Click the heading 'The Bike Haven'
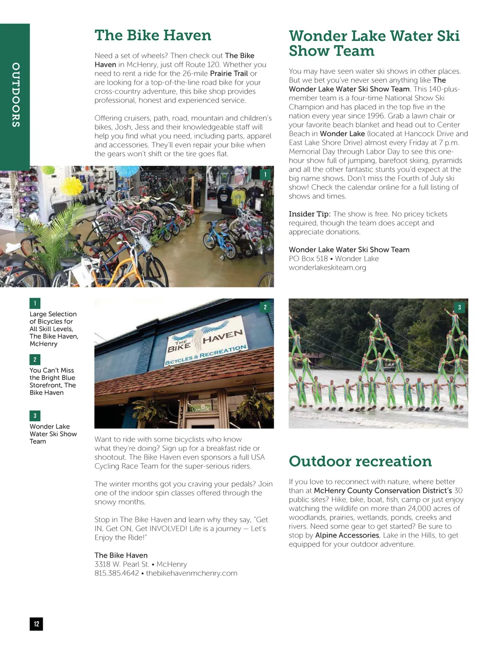pyautogui.click(x=153, y=36)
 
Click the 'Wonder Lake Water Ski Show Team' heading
pyautogui.click(x=373, y=43)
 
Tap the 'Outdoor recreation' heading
pyautogui.click(x=360, y=461)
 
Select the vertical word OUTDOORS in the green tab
pyautogui.click(x=16, y=95)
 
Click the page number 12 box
pyautogui.click(x=36, y=624)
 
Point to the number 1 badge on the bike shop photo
pyautogui.click(x=265, y=174)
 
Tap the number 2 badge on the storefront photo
pyautogui.click(x=265, y=307)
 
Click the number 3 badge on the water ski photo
pyautogui.click(x=459, y=307)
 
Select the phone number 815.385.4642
pyautogui.click(x=117, y=573)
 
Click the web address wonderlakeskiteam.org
pyautogui.click(x=327, y=268)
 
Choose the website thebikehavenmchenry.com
pyautogui.click(x=192, y=573)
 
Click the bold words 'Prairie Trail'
pyautogui.click(x=229, y=73)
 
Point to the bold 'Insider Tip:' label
pyautogui.click(x=309, y=214)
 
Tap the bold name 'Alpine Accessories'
pyautogui.click(x=347, y=535)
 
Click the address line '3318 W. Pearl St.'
pyautogui.click(x=122, y=564)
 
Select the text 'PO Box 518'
pyautogui.click(x=308, y=259)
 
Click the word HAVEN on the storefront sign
pyautogui.click(x=222, y=336)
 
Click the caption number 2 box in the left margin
pyautogui.click(x=35, y=359)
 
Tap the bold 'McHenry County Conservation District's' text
pyautogui.click(x=383, y=490)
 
